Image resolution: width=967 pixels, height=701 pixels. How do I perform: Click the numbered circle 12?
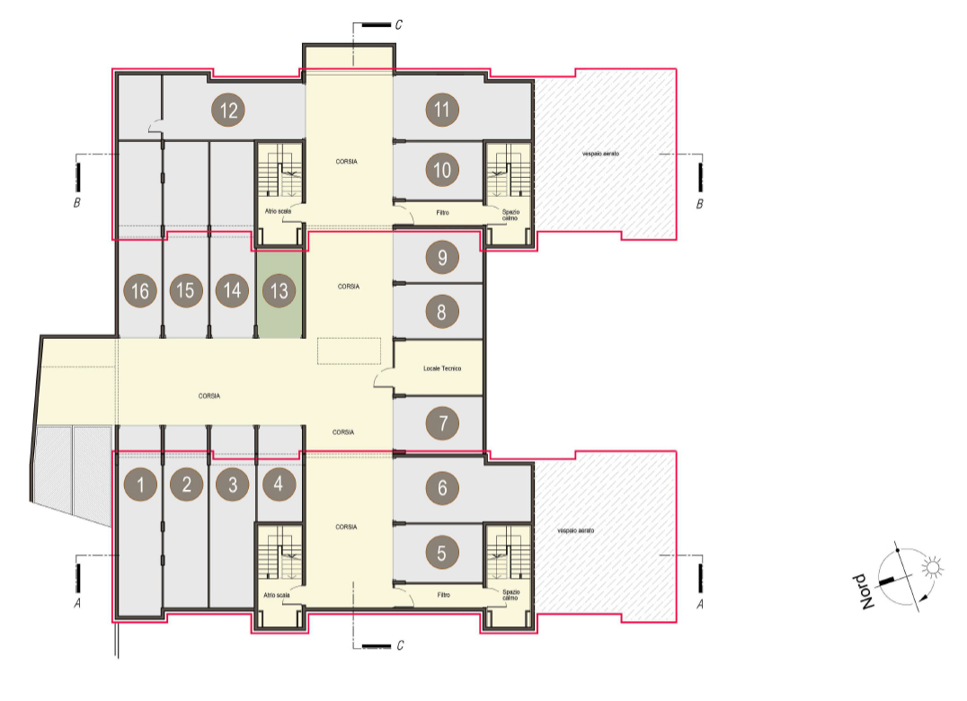click(228, 110)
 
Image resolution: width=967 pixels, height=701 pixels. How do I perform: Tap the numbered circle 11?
click(441, 109)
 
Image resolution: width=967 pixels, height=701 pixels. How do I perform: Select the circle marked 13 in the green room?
click(279, 290)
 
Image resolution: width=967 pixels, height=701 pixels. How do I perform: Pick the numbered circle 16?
click(140, 290)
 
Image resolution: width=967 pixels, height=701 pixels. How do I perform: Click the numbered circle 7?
click(441, 423)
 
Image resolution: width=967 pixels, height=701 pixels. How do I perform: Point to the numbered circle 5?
click(441, 553)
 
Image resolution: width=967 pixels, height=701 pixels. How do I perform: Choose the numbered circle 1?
click(140, 484)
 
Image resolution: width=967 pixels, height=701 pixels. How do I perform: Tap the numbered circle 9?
click(441, 257)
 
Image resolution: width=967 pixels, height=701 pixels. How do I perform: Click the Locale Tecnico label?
click(442, 368)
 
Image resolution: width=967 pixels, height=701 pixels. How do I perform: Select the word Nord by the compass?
click(865, 592)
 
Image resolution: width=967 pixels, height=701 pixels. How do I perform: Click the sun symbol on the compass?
click(933, 566)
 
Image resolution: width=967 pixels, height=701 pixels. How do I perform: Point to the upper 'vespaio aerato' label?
click(600, 154)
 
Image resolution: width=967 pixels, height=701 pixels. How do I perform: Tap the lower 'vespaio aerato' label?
click(575, 530)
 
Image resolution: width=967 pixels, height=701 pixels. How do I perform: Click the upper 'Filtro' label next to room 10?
click(443, 213)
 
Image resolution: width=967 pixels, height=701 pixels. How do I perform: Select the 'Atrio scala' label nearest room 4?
click(276, 595)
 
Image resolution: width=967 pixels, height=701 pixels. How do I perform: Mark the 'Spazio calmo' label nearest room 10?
click(510, 215)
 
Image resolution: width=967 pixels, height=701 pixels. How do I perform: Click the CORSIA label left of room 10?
click(347, 162)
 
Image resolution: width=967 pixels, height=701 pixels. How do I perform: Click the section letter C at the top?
click(398, 24)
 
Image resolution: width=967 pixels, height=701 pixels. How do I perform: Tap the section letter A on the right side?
click(699, 604)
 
